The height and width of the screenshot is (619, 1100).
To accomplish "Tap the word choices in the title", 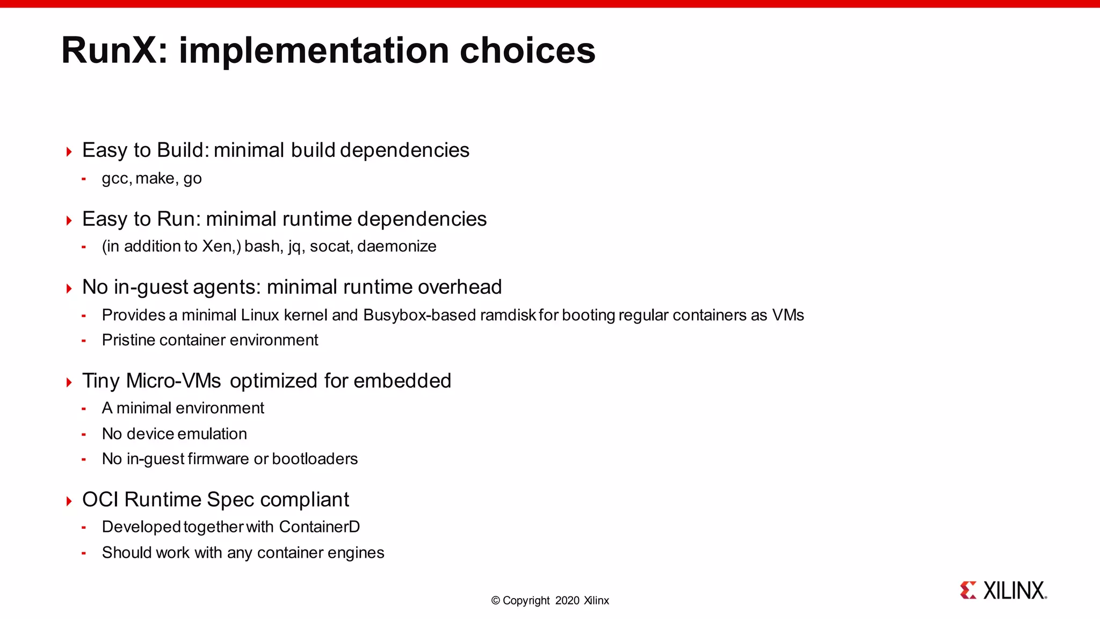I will (527, 51).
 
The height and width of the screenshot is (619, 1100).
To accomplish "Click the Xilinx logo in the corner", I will (1003, 591).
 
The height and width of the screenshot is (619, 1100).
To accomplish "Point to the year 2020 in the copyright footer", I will (567, 601).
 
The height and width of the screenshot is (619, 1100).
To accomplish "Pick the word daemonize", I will (396, 247).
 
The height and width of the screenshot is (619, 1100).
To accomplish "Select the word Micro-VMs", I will (173, 381).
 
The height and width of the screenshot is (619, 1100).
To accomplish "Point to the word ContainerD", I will (319, 527).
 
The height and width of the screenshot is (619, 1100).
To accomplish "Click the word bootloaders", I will (315, 459).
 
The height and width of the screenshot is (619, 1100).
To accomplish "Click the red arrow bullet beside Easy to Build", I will (69, 152).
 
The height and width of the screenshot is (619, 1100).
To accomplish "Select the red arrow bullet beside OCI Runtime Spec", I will (69, 501).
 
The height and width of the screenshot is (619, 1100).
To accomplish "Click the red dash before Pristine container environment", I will (84, 341).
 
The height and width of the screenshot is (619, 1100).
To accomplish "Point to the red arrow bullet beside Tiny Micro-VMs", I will (69, 383).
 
